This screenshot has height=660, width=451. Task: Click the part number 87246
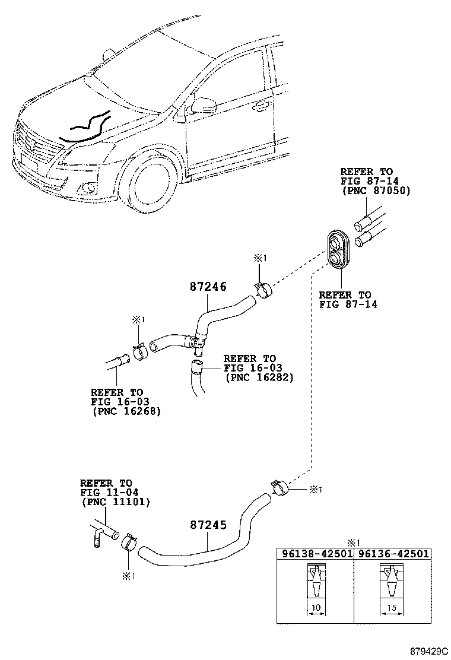coord(208,287)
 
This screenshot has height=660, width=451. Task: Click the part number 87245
coord(208,526)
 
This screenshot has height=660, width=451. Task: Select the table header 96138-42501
coord(315,553)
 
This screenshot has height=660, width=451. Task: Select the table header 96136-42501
coord(392,553)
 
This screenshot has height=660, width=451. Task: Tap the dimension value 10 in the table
coord(316,608)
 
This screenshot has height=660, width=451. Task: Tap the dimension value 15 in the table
coord(392,608)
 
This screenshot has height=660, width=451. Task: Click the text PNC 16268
coord(126,411)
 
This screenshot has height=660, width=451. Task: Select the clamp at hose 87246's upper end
coord(262,290)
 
